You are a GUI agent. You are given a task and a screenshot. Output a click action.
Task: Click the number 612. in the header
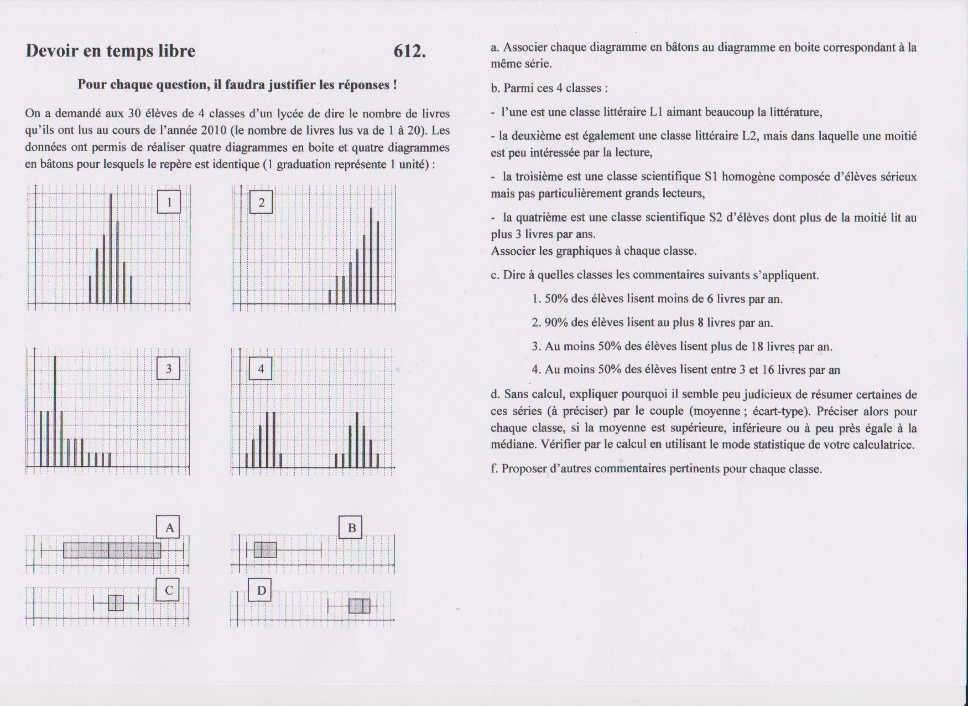click(x=409, y=51)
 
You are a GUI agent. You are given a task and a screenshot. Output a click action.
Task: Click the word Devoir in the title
click(x=52, y=51)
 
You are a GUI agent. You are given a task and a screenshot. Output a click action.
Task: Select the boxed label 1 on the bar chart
click(x=169, y=202)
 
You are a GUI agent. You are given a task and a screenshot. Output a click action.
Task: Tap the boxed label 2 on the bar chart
click(x=261, y=202)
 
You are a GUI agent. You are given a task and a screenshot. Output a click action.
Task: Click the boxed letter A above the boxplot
click(x=169, y=527)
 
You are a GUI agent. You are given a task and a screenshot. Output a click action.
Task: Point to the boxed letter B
click(x=351, y=528)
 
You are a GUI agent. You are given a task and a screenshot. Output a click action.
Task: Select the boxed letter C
click(x=169, y=590)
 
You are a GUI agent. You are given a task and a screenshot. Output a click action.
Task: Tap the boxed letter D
click(x=261, y=590)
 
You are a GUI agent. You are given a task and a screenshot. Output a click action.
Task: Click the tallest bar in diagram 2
click(x=371, y=255)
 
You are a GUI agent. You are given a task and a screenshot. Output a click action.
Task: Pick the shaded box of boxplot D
click(x=360, y=606)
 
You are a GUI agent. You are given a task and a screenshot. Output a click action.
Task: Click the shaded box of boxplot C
click(x=116, y=602)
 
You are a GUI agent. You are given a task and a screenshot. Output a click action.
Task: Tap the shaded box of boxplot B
click(x=265, y=550)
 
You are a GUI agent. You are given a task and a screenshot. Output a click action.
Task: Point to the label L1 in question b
click(x=656, y=112)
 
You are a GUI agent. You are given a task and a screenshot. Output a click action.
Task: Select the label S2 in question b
click(x=716, y=218)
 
